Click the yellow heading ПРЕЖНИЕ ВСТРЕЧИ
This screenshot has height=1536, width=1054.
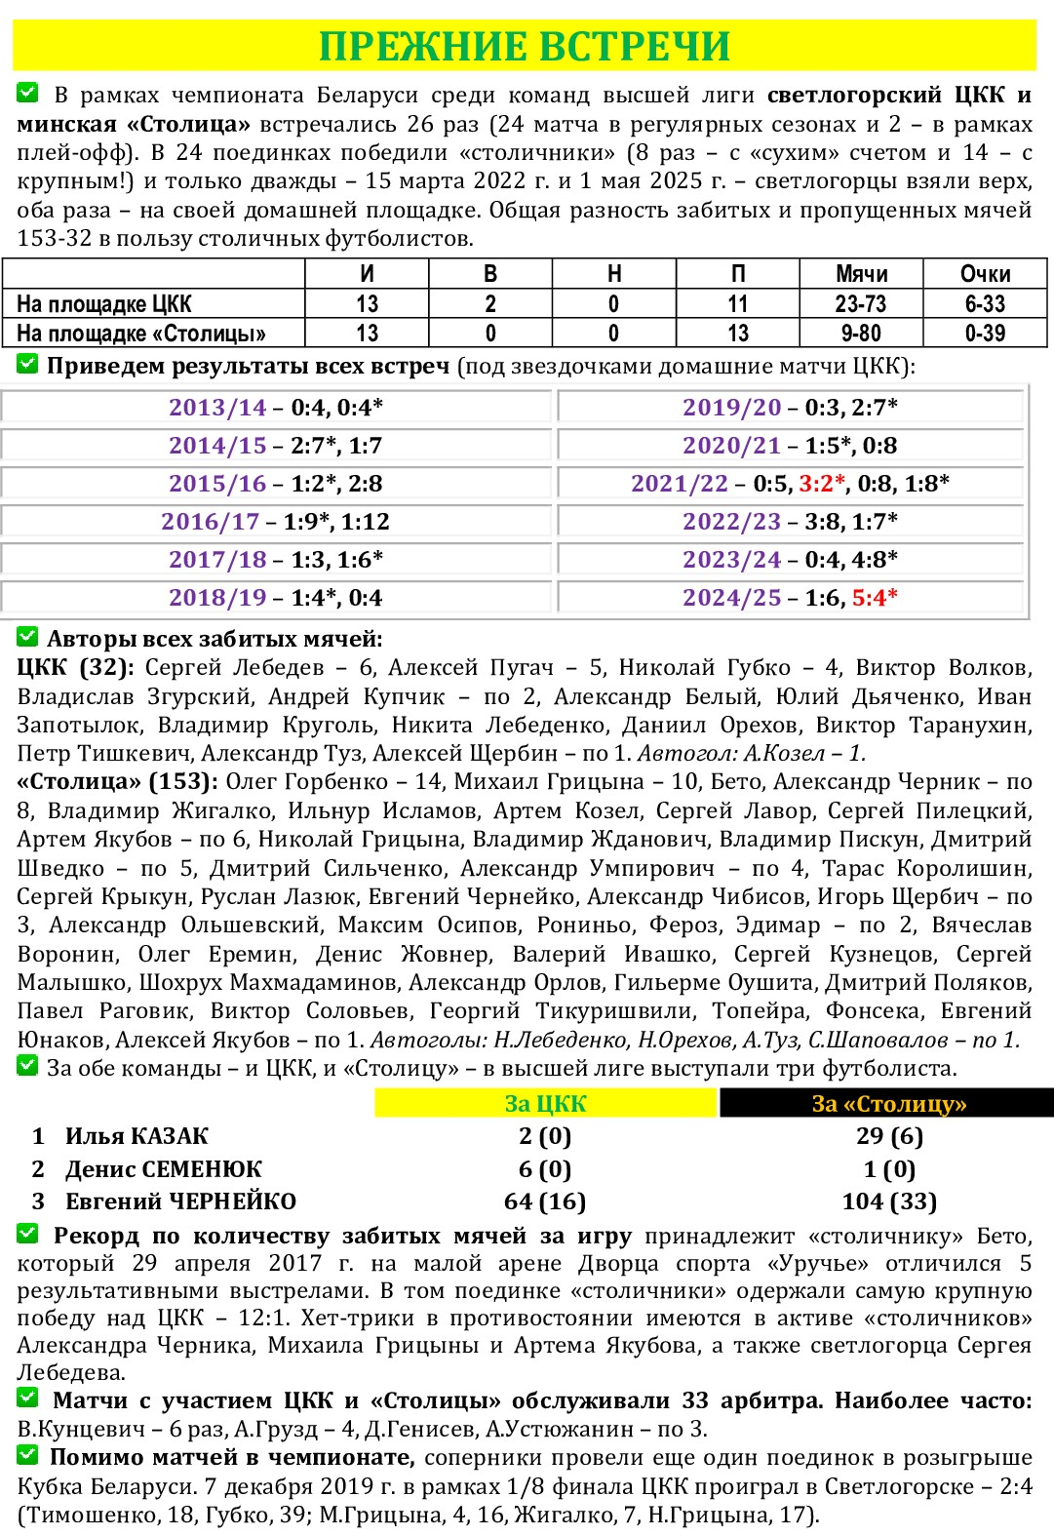coord(525,46)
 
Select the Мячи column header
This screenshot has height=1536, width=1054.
coord(861,274)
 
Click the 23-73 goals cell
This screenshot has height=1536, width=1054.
coord(861,304)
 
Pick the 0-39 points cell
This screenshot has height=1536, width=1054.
coord(985,334)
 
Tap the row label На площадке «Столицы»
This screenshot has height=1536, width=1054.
coord(141,334)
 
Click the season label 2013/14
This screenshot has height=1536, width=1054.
coord(217,408)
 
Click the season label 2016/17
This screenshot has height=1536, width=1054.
coord(210,522)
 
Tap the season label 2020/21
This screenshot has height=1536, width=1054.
coord(731,446)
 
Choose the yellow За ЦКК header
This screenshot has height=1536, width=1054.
coord(545,1104)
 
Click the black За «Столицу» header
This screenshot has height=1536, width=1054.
coord(888,1104)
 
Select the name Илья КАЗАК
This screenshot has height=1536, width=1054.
coord(137,1136)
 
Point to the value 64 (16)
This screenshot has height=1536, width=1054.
coord(545,1201)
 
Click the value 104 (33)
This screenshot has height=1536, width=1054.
coord(889,1201)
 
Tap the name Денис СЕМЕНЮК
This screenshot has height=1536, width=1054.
coord(163,1169)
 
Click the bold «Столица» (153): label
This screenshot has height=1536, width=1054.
coord(117,782)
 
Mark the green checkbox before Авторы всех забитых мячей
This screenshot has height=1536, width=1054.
coord(27,638)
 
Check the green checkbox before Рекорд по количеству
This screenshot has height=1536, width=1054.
coord(27,1235)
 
